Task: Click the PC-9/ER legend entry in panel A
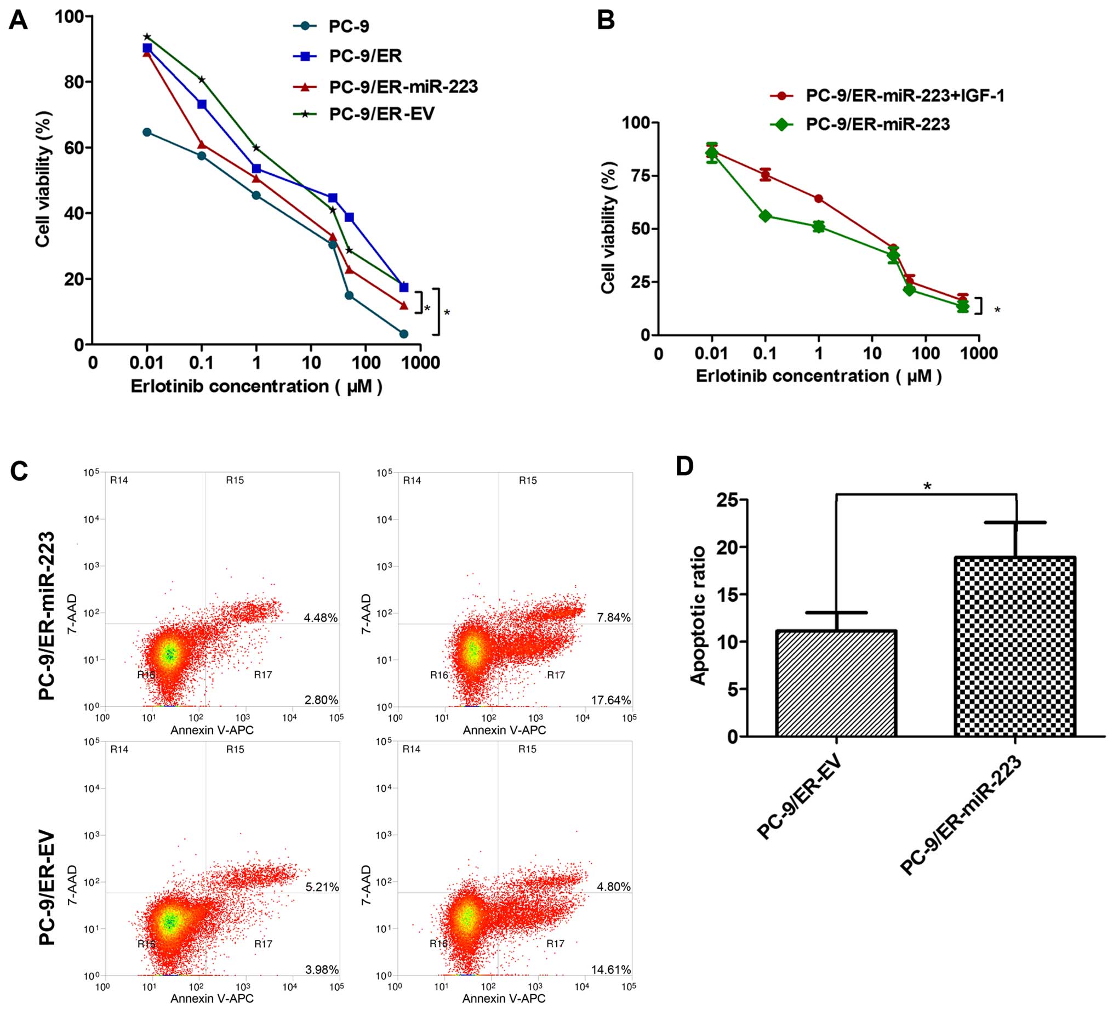point(365,56)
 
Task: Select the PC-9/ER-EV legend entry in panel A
point(381,115)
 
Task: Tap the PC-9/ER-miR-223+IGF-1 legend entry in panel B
point(905,95)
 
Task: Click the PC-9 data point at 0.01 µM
point(147,132)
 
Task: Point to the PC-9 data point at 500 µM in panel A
point(403,334)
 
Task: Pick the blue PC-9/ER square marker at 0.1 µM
point(202,104)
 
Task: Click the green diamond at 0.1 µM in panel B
point(765,216)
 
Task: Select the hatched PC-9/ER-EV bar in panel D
point(836,683)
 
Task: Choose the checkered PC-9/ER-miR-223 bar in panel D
point(1015,647)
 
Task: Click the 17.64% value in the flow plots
point(610,700)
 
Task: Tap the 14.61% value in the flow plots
point(610,969)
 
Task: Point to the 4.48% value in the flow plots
point(321,618)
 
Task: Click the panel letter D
point(684,466)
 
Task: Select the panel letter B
point(606,21)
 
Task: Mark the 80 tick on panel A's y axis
point(72,82)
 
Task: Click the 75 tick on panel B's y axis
point(634,175)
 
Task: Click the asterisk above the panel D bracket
point(927,487)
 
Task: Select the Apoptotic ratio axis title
point(699,615)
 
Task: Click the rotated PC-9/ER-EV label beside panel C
point(48,887)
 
